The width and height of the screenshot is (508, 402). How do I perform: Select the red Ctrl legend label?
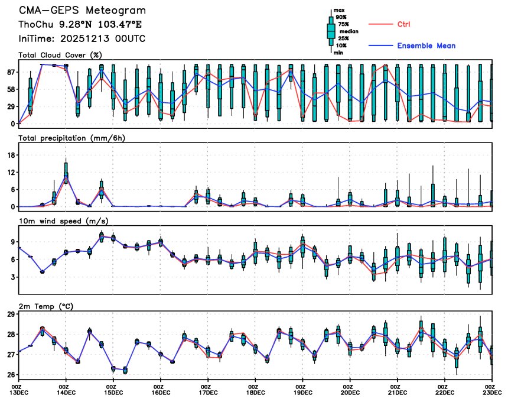[x=403, y=24]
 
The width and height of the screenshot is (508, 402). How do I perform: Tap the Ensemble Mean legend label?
[x=426, y=46]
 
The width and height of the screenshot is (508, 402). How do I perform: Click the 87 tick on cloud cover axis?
[x=11, y=72]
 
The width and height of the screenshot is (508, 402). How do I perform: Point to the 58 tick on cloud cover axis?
[x=11, y=89]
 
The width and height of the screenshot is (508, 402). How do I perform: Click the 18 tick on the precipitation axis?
[x=11, y=155]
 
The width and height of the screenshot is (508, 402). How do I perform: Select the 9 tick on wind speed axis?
[x=13, y=242]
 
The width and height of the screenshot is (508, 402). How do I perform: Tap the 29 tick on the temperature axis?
[x=11, y=314]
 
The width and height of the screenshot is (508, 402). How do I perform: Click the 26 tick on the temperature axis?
[x=11, y=375]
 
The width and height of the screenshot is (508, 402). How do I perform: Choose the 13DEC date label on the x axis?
[x=18, y=391]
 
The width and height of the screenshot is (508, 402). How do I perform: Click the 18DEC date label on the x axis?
[x=255, y=391]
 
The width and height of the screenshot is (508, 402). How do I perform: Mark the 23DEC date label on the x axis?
[x=491, y=391]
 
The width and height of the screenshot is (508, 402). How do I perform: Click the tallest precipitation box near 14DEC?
[x=66, y=171]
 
